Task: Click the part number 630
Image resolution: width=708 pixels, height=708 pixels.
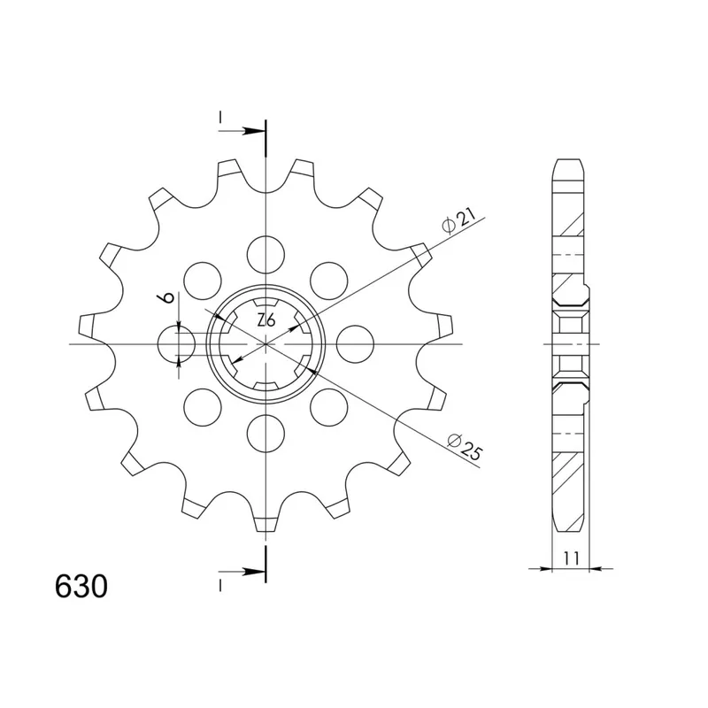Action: point(81,587)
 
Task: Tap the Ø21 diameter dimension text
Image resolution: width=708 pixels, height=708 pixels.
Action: point(458,222)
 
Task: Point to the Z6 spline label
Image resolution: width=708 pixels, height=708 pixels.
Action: point(266,320)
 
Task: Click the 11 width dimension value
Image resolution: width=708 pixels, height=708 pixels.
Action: point(571,558)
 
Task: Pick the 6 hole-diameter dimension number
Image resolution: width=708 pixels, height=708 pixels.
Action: point(166,297)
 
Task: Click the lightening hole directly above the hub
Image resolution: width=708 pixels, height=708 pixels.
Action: point(266,254)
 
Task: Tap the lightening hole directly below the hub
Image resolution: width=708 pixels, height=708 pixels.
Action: point(266,434)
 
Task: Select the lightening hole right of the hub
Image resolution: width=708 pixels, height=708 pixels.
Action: point(356,344)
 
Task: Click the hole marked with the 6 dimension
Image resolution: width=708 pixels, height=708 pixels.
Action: point(176,344)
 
